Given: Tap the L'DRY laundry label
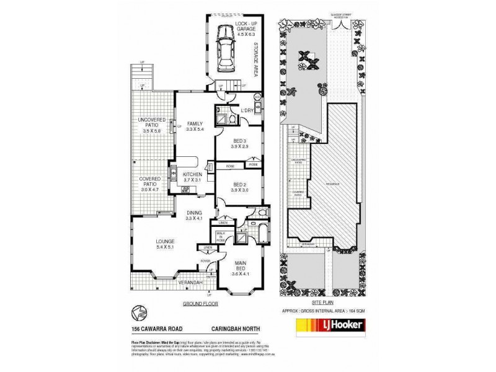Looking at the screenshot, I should point(247,110).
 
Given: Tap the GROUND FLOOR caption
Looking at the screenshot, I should point(198,304).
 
